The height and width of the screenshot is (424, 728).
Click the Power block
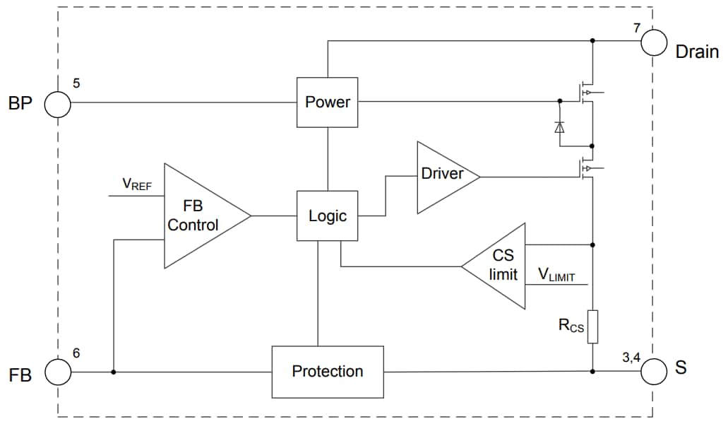(x=327, y=102)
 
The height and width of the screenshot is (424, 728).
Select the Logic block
(x=327, y=216)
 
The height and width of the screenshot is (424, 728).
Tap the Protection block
(x=328, y=371)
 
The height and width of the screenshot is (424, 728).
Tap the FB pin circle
(x=58, y=371)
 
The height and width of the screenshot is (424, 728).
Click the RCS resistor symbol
(x=592, y=326)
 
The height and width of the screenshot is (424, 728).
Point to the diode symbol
(x=560, y=127)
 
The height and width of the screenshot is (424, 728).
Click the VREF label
(x=137, y=184)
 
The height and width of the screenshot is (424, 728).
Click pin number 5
(x=76, y=83)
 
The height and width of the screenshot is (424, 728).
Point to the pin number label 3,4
(x=631, y=358)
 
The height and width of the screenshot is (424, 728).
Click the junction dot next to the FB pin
(x=113, y=371)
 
